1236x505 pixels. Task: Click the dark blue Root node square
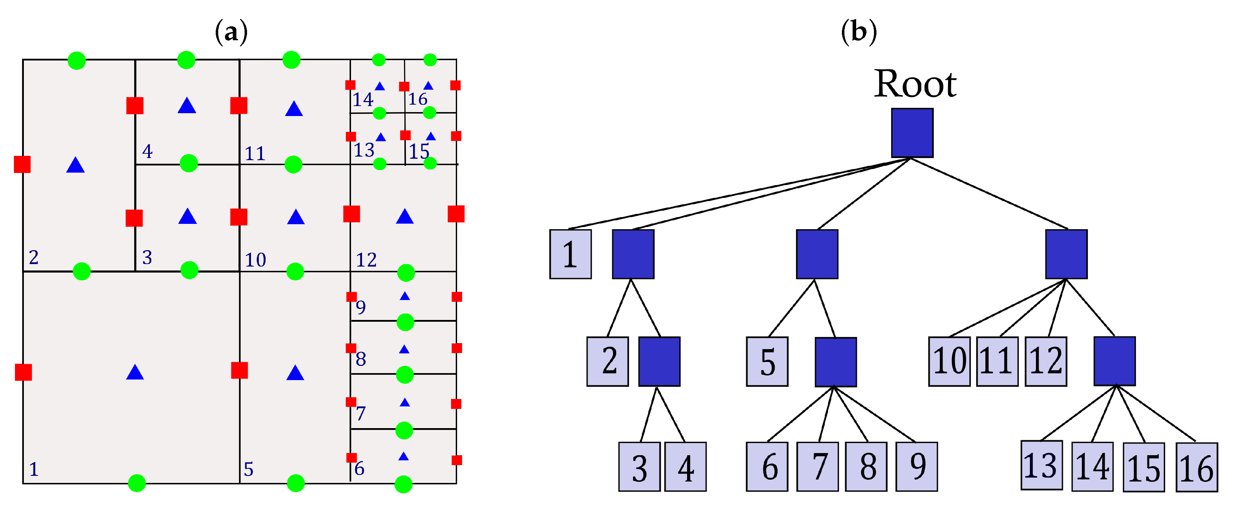point(912,133)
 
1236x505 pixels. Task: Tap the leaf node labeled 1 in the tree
point(570,254)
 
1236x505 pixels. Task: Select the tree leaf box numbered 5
point(767,361)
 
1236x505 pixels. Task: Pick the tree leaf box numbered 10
point(949,361)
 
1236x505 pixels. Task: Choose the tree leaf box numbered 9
point(916,466)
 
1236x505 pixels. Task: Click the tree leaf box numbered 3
point(639,467)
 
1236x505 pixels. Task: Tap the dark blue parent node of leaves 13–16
point(1114,361)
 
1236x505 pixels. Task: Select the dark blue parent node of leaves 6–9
point(836,362)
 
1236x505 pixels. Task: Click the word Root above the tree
point(915,84)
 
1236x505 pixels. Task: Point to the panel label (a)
point(231,32)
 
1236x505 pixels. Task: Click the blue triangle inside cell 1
point(135,373)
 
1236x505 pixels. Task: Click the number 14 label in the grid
point(363,100)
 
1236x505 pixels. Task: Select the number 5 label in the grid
point(248,469)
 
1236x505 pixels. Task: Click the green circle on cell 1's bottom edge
point(137,483)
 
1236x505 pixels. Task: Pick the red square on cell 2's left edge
point(22,164)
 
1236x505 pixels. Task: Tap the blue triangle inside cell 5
point(295,373)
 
